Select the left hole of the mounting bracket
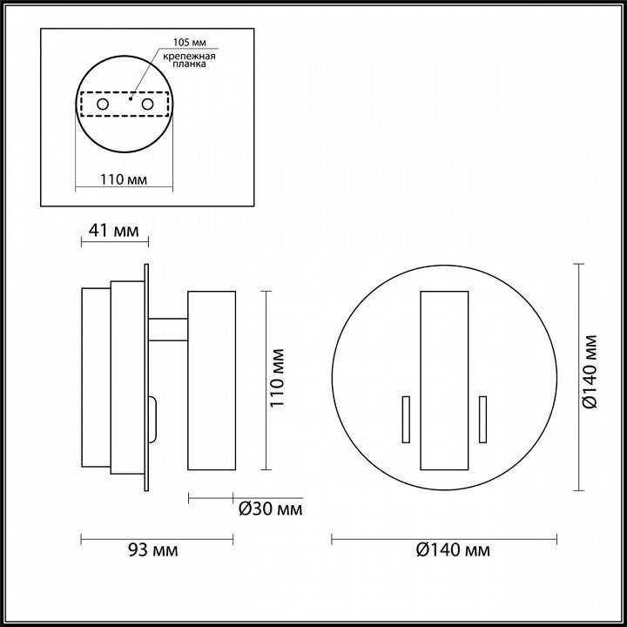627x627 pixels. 103,105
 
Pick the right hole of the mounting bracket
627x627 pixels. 147,105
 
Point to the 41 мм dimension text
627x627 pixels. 114,231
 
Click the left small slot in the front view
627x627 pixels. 404,420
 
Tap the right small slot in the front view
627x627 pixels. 482,420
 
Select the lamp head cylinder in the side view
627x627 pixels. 212,381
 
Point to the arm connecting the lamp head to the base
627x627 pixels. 169,329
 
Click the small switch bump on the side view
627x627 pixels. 153,419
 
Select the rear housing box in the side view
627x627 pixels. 96,380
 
